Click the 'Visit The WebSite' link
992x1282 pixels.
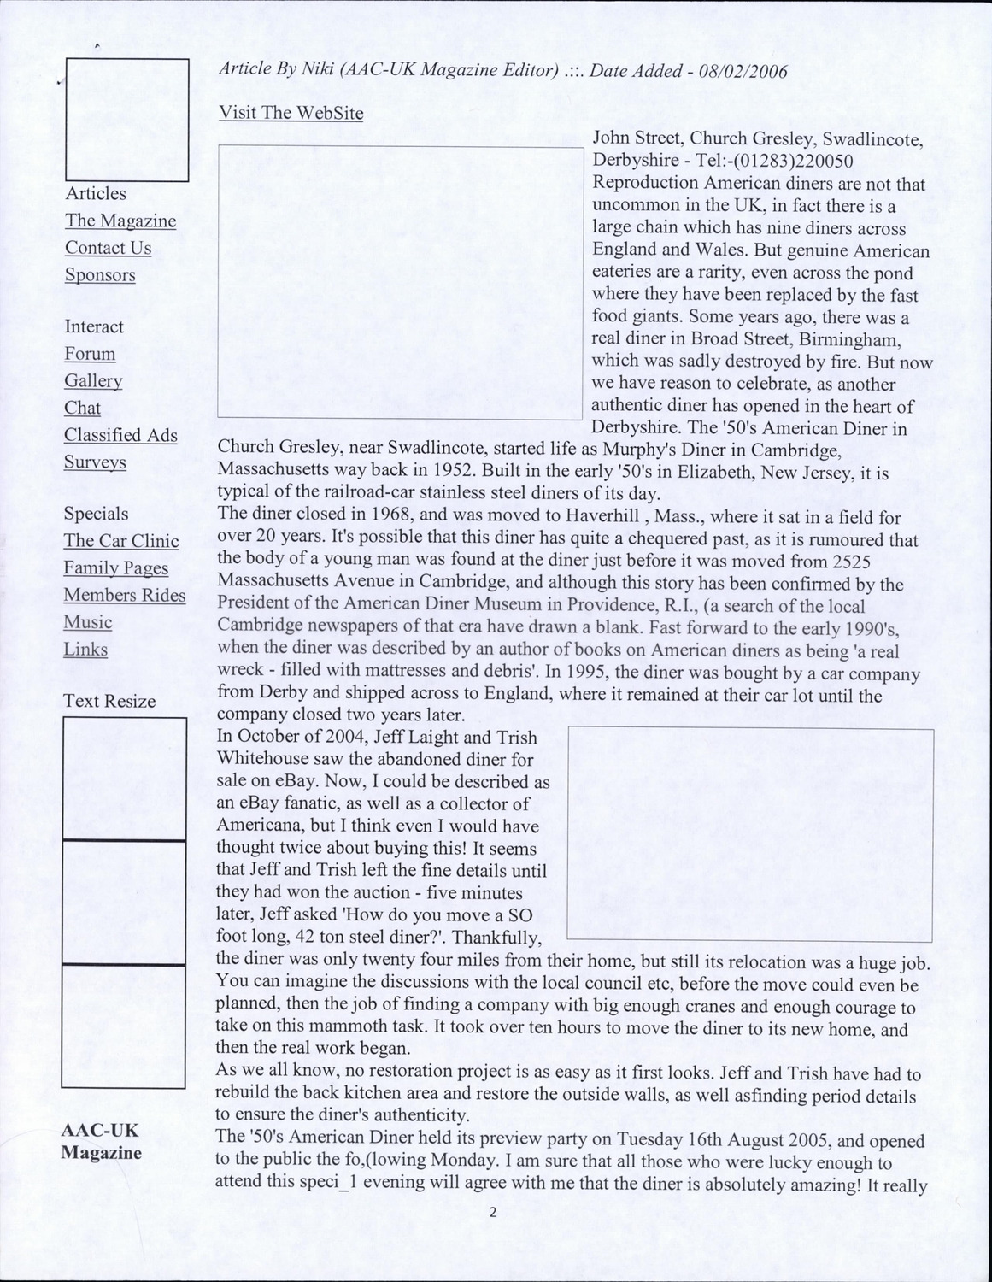[x=291, y=113]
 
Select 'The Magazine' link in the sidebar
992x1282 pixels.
[x=120, y=221]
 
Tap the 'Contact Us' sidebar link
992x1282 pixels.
[x=108, y=248]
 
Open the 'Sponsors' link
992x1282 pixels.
[x=100, y=275]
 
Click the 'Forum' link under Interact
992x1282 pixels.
[x=90, y=354]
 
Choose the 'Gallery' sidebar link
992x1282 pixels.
[x=93, y=381]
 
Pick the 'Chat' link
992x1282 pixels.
[x=82, y=408]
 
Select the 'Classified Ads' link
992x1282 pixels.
[x=120, y=435]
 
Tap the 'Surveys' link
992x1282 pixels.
[x=95, y=462]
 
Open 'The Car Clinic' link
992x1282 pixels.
[x=120, y=541]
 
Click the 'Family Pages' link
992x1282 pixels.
[x=115, y=568]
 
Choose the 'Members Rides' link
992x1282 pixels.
[x=124, y=596]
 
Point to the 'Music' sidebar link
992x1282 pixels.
[x=87, y=622]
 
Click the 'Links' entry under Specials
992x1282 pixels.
[x=85, y=650]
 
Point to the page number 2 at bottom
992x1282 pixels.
[x=492, y=1212]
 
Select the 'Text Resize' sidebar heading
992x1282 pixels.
[x=109, y=702]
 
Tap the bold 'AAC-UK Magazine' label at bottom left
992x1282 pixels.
[x=101, y=1142]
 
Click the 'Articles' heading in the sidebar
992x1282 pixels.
[x=95, y=194]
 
